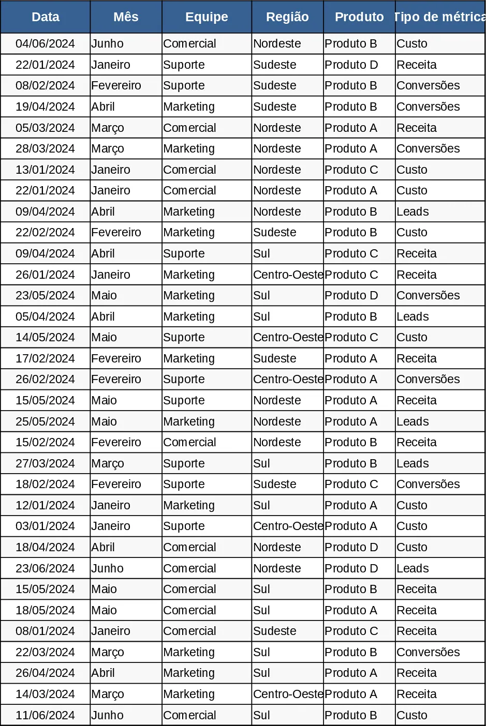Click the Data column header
point(45,17)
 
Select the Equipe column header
point(207,17)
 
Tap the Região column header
point(287,17)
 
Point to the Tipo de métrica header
point(440,17)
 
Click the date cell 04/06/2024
point(45,44)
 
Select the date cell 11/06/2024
point(45,715)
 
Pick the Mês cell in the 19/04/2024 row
point(126,107)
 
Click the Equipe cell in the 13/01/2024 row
point(207,170)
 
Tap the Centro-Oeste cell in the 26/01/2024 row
point(287,275)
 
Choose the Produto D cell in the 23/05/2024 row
point(359,296)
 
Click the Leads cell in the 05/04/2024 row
point(440,316)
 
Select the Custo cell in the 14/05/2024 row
point(440,338)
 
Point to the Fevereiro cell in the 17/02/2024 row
point(126,358)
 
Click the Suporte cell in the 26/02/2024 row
point(207,380)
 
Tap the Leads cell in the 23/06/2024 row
point(440,568)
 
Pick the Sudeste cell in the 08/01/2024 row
point(287,631)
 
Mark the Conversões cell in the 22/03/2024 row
point(440,652)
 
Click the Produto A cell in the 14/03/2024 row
point(359,694)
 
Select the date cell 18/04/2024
point(45,547)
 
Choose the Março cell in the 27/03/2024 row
point(126,463)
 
